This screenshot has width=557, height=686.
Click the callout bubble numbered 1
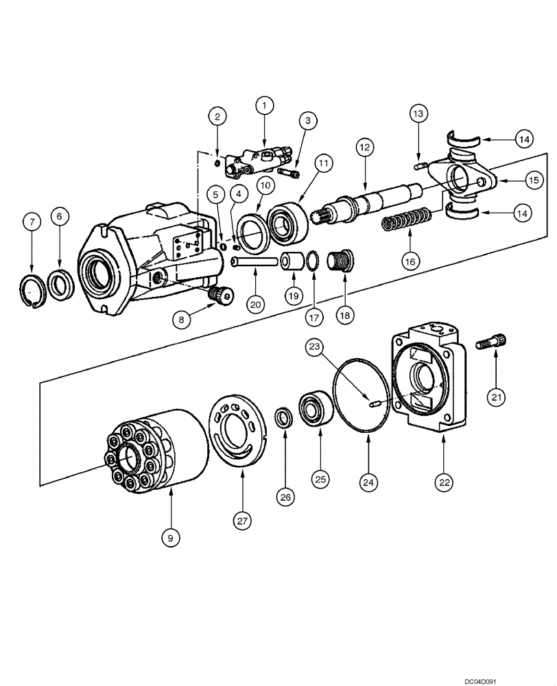(265, 106)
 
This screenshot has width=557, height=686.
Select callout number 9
(170, 539)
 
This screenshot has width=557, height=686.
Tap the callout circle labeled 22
(445, 483)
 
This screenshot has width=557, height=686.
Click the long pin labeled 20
(254, 261)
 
